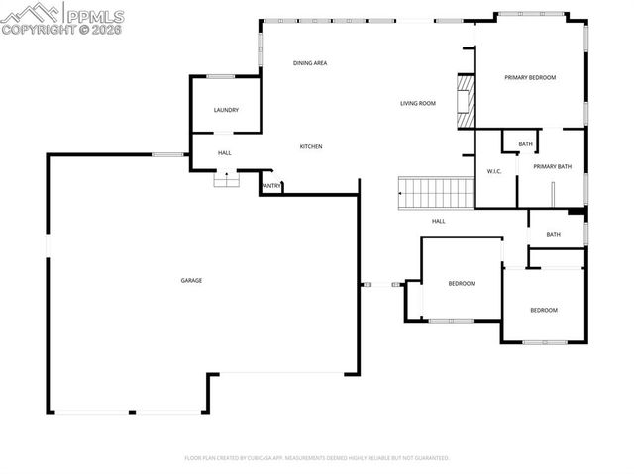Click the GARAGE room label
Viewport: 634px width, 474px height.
(191, 280)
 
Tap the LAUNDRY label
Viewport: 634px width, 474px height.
(226, 110)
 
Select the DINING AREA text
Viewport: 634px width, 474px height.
(310, 63)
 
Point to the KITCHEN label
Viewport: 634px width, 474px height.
(311, 146)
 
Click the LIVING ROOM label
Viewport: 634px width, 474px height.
(418, 103)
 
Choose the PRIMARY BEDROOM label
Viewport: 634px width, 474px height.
(530, 77)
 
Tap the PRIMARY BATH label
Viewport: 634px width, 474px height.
(553, 166)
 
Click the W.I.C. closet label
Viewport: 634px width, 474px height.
(495, 172)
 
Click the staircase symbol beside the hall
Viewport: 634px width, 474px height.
(434, 191)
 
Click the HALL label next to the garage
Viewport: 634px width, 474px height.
(225, 152)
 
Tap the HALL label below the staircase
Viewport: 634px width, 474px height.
(438, 221)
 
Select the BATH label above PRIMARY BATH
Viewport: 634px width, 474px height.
(525, 144)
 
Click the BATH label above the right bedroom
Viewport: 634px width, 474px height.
(553, 234)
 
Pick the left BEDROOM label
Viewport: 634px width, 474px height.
(462, 284)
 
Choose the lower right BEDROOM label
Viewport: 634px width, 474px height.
(543, 310)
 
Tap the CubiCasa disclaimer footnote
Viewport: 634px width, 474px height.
(317, 458)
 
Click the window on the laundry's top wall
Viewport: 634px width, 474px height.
(221, 76)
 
